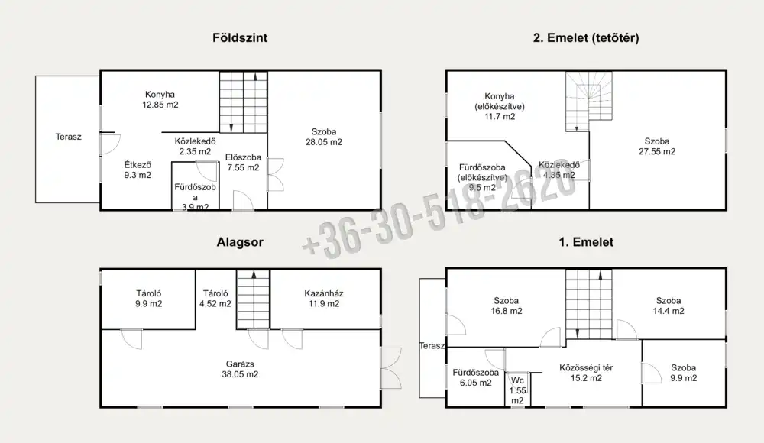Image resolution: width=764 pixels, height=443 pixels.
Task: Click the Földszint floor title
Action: pos(240,38)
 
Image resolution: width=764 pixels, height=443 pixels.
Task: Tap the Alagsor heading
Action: pos(240,242)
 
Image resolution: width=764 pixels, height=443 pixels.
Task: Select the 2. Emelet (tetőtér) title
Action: pos(586,38)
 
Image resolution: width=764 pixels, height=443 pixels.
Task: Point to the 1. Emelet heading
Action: pos(586,242)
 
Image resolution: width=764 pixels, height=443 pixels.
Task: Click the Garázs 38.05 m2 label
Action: pos(240,369)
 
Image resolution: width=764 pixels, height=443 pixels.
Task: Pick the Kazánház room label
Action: pos(323,298)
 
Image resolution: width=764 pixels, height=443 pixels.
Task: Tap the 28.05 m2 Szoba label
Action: pos(323,137)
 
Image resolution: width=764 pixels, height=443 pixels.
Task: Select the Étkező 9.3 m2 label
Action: pos(138,170)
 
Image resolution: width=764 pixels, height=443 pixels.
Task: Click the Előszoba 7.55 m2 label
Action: pos(243,162)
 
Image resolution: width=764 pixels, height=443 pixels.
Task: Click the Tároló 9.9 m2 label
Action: pos(149,298)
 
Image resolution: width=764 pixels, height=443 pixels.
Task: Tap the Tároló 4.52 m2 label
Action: pos(215,298)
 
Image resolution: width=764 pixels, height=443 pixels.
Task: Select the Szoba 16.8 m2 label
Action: pos(507,306)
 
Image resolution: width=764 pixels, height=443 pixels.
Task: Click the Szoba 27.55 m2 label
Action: pos(657,146)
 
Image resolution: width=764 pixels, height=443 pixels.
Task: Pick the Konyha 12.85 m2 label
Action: pos(160,99)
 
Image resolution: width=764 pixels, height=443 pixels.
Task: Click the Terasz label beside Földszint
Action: pos(68,137)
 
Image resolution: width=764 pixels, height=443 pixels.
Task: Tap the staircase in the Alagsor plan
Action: pos(254,299)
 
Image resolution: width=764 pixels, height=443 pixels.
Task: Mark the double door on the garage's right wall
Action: pos(391,368)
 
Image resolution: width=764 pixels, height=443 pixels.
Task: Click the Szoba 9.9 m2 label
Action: pos(683,373)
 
